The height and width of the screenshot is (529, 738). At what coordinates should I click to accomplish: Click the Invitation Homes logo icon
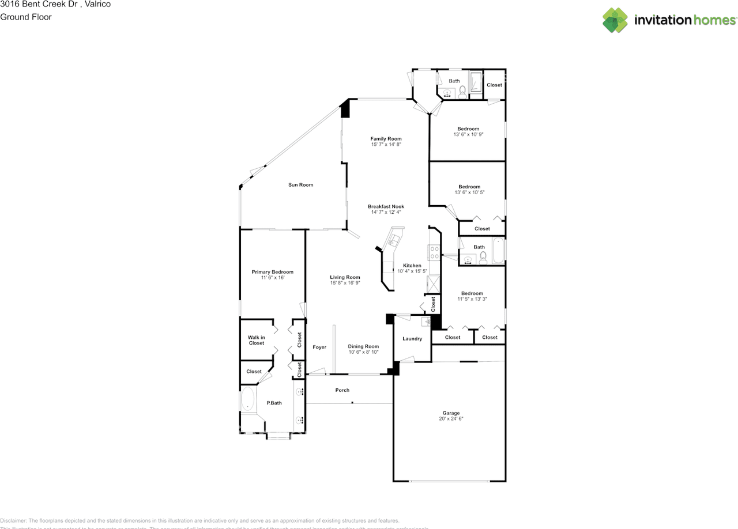615,20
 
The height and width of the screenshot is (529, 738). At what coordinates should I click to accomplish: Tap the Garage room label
451,413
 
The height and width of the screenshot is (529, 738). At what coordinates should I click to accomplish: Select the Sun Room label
301,185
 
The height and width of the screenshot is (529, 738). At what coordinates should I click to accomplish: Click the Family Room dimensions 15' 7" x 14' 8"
386,145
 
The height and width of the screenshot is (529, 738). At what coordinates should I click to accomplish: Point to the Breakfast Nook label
386,206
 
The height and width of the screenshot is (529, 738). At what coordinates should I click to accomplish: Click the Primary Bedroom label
272,272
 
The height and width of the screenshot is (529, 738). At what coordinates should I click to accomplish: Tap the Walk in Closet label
257,340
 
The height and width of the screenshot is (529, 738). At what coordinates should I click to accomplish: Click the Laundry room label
412,339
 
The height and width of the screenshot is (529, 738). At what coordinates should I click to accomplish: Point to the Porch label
342,390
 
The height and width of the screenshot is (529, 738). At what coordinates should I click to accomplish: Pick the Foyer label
319,347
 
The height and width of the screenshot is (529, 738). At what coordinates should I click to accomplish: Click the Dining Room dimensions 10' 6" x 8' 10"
363,352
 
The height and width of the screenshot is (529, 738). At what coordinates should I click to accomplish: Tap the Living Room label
345,277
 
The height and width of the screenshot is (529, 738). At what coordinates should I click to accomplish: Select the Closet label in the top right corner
494,85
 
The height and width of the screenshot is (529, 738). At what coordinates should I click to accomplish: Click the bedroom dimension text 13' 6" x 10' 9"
468,134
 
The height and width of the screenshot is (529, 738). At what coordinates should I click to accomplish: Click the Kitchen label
412,266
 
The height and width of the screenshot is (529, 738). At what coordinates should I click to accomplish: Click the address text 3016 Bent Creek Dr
39,4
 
